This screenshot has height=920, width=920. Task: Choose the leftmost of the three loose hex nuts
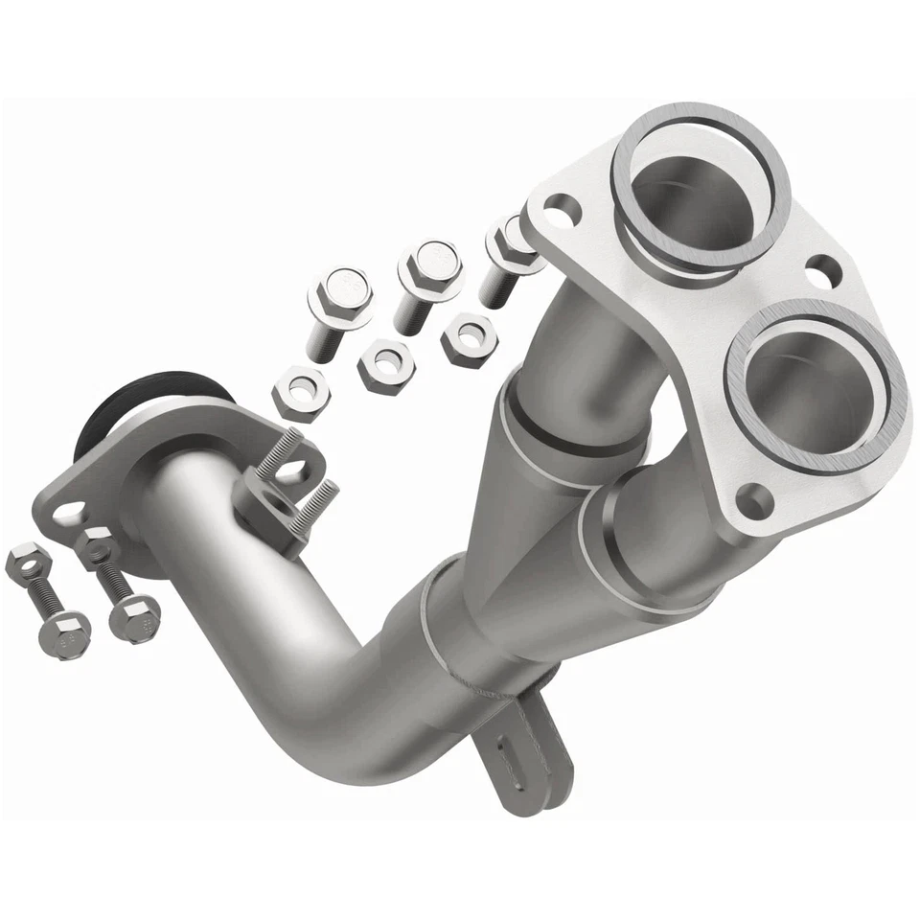click(301, 393)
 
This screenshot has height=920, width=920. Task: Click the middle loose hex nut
click(386, 363)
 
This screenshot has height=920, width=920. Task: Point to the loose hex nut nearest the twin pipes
click(469, 336)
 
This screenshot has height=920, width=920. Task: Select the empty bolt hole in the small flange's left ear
click(64, 514)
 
